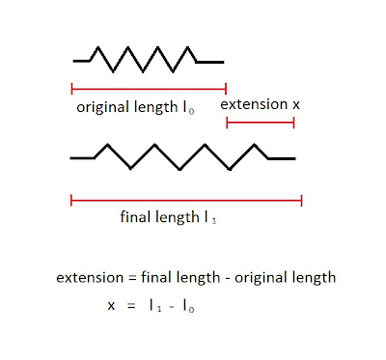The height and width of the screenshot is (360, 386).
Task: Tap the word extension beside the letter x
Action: tap(254, 104)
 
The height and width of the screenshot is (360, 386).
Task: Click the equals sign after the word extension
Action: tap(132, 278)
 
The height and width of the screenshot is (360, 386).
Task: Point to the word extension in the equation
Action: tap(90, 278)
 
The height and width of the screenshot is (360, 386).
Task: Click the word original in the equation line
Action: tap(261, 278)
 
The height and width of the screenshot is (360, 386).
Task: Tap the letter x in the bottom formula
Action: tap(111, 305)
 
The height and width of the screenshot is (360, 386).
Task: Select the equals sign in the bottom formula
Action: tap(131, 306)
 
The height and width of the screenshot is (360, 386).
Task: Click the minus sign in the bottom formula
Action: tap(172, 307)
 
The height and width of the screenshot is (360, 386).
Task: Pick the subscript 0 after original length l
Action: tap(191, 112)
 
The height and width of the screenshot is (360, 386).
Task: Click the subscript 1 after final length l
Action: tap(214, 221)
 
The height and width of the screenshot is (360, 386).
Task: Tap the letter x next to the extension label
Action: tap(296, 105)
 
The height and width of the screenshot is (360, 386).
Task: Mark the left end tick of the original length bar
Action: tap(71, 88)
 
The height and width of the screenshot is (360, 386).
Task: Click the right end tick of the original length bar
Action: tap(226, 88)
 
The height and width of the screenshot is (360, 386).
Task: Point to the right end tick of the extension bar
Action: tap(293, 123)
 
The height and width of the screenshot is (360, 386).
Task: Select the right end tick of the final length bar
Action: tap(302, 201)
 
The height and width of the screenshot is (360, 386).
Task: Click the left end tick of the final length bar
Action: tap(71, 201)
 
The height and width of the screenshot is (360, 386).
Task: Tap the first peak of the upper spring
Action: tap(97, 47)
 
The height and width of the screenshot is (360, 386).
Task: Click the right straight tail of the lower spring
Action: tap(282, 158)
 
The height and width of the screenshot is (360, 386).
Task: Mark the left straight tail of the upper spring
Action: tap(81, 61)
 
